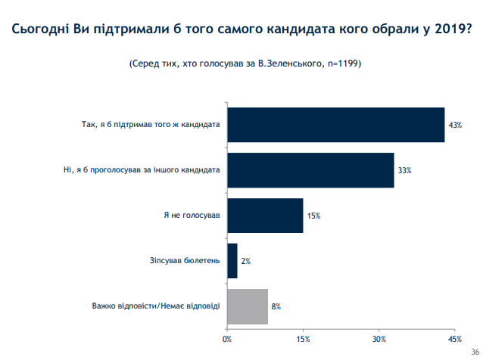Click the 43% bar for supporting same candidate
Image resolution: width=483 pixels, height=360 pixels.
[335, 125]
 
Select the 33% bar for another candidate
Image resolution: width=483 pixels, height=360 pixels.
[310, 170]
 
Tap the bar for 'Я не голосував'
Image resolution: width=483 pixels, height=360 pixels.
[265, 216]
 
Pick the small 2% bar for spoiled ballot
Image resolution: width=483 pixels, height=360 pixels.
[232, 261]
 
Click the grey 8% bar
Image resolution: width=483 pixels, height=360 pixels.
[248, 306]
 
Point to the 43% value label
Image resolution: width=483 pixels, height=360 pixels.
[454, 125]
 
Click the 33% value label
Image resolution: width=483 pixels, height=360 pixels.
[404, 170]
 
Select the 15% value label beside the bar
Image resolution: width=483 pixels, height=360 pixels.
[313, 216]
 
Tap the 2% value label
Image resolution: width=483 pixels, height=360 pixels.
[245, 261]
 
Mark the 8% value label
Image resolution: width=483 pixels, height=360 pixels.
[276, 306]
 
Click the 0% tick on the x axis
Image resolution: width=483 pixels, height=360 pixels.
[227, 338]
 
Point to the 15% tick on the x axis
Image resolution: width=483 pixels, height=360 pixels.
[303, 338]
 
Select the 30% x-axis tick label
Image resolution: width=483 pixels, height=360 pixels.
[379, 338]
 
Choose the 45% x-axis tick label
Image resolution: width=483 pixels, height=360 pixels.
[455, 338]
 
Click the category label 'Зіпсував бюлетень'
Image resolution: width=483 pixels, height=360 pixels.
[185, 261]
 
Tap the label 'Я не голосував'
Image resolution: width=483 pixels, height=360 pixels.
[192, 216]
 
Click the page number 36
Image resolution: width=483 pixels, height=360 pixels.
[475, 352]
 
